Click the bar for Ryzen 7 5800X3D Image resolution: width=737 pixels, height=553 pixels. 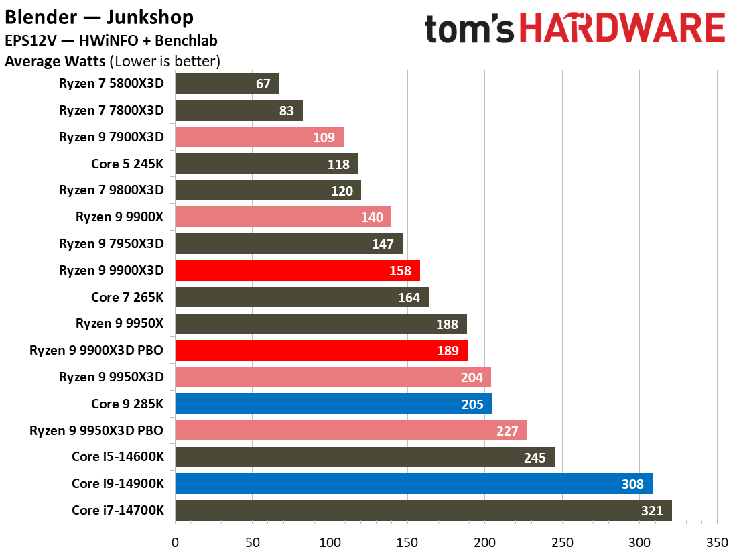(227, 84)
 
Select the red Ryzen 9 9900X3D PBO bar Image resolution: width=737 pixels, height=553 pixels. (321, 350)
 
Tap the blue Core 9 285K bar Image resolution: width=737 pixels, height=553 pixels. (334, 404)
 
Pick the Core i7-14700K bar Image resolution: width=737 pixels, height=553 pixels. (423, 511)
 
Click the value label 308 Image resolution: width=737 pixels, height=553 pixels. (632, 484)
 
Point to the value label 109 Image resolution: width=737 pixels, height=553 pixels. (324, 137)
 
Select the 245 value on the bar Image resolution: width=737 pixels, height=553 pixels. (535, 457)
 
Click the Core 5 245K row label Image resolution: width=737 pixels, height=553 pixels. (127, 164)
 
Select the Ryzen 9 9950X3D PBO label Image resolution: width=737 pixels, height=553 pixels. (96, 430)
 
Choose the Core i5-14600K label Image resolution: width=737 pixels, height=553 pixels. (118, 456)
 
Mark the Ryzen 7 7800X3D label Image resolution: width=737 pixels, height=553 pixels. (111, 110)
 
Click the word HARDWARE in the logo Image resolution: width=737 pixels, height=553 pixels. (622, 29)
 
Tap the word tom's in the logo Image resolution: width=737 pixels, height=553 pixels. (468, 29)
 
